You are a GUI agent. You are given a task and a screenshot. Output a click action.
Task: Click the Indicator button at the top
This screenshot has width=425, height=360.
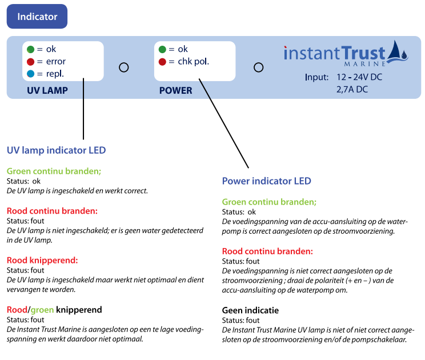click(37, 17)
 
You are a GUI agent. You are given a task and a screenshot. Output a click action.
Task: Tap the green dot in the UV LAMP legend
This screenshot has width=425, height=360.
click(31, 49)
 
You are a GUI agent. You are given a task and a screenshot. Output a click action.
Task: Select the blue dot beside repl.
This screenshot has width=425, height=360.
click(31, 74)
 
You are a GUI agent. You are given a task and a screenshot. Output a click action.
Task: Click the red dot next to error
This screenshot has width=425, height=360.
click(31, 62)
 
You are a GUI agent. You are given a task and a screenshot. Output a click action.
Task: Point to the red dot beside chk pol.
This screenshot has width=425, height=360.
click(163, 62)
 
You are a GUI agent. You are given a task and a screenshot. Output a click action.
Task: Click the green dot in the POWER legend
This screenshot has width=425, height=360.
click(163, 49)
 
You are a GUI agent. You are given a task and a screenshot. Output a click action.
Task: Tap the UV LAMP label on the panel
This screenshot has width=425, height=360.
click(47, 90)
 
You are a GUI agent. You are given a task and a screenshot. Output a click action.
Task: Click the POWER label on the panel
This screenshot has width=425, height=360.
click(175, 90)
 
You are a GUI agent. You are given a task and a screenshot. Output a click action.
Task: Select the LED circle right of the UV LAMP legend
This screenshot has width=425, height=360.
click(123, 67)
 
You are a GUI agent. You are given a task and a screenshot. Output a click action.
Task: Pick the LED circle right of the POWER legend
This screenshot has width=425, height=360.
click(258, 67)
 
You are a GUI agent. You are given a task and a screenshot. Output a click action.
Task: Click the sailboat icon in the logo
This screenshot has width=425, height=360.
click(398, 53)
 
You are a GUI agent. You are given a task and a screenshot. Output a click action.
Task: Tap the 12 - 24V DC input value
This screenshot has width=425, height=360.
click(359, 77)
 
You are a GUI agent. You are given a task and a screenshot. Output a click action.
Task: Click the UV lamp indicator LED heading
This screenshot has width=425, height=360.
click(56, 151)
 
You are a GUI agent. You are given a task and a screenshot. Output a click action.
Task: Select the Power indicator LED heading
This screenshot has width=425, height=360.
click(266, 181)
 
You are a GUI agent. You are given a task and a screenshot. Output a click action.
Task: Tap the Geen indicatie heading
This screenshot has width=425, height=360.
click(250, 310)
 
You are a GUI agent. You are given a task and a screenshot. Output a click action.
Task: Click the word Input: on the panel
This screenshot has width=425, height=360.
click(316, 77)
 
